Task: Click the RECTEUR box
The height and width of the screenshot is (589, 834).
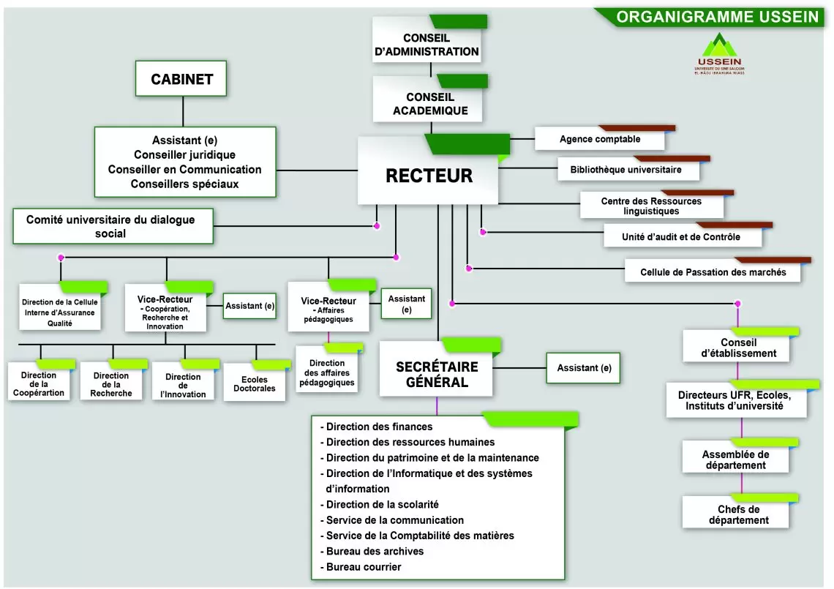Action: [429, 176]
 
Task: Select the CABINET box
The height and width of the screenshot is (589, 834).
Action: [181, 79]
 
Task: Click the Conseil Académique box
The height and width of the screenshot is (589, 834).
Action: [430, 104]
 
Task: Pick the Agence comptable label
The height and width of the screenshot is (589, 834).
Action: [600, 139]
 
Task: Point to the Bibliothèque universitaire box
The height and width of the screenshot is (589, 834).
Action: [625, 170]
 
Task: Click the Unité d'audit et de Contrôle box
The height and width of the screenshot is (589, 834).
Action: [680, 237]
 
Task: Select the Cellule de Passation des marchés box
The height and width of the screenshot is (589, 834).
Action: [713, 272]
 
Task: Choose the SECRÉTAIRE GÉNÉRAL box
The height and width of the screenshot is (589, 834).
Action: [437, 374]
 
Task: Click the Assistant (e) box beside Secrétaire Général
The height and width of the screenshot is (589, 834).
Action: [584, 368]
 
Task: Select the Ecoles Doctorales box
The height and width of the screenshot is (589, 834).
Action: [255, 384]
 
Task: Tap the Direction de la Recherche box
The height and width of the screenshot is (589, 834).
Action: [111, 384]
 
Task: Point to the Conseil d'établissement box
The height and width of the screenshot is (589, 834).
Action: [738, 348]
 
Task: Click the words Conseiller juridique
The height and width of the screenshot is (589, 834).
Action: [184, 154]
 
